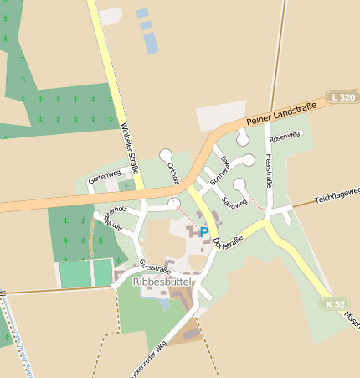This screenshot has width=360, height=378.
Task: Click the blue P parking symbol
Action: [203, 232]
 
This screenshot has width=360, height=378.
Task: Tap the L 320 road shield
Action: [341, 97]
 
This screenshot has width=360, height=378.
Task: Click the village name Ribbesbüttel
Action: [162, 282]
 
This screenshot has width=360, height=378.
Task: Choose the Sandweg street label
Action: [234, 201]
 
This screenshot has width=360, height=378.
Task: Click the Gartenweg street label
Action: [105, 175]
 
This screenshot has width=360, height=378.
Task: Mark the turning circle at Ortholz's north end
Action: [166, 154]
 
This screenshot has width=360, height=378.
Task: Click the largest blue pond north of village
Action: [150, 43]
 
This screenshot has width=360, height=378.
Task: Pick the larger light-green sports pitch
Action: [75, 274]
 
